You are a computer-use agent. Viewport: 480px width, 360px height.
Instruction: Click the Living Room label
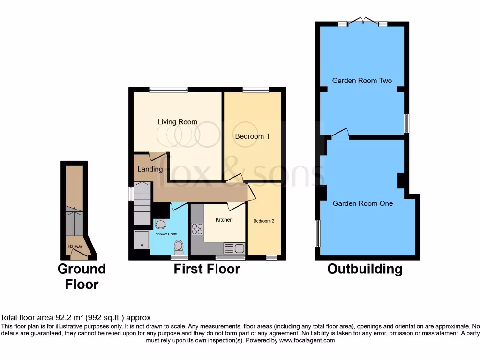click(x=177, y=122)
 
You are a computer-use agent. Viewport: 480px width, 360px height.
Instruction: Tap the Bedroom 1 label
click(x=252, y=136)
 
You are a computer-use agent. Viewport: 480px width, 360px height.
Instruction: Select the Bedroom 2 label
click(x=263, y=221)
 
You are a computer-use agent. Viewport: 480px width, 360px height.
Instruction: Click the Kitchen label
click(x=224, y=220)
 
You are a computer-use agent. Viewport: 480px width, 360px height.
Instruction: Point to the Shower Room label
click(x=166, y=234)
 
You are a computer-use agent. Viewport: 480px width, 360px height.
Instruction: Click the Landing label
click(x=150, y=169)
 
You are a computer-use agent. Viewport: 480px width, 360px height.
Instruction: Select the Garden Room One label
click(x=363, y=203)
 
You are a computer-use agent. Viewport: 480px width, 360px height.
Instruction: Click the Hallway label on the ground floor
click(x=75, y=246)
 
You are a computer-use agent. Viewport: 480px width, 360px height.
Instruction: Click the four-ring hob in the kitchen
click(x=197, y=229)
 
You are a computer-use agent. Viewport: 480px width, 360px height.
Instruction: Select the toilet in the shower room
click(x=179, y=246)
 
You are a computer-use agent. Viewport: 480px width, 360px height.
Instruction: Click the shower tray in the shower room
click(x=141, y=239)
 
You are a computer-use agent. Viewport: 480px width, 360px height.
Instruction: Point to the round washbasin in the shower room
click(x=160, y=224)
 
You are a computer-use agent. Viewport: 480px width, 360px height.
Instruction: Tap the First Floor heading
click(x=207, y=269)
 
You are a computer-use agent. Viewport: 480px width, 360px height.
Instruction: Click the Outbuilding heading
click(x=365, y=269)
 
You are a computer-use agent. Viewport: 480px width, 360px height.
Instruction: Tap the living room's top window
click(x=169, y=89)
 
